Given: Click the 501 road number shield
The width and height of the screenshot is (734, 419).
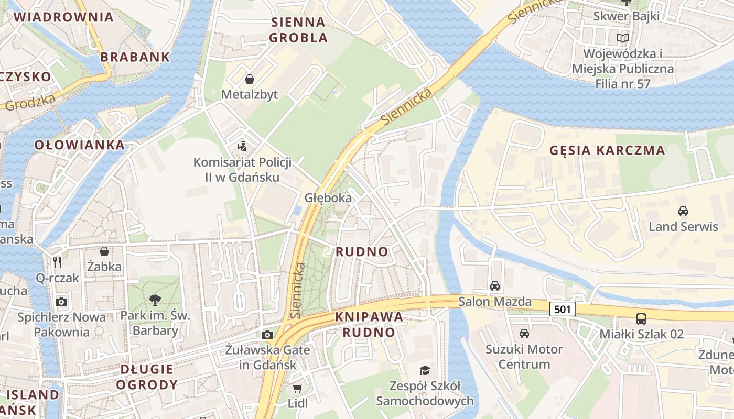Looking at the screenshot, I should pyautogui.click(x=562, y=309).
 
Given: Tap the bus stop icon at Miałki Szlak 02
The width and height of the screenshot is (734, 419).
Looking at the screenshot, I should pyautogui.click(x=641, y=318).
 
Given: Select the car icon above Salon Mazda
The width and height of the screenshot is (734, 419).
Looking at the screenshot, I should pyautogui.click(x=494, y=286).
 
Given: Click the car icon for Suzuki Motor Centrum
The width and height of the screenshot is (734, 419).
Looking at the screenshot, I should pyautogui.click(x=524, y=334).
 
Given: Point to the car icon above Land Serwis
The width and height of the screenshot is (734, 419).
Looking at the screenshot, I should pyautogui.click(x=683, y=211).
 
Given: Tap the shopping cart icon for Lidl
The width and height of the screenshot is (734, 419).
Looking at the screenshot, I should pyautogui.click(x=297, y=388).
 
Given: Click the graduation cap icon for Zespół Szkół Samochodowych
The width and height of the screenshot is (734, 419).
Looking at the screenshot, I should pyautogui.click(x=425, y=370).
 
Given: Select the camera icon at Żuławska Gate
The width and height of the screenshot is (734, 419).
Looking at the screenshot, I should pyautogui.click(x=267, y=335).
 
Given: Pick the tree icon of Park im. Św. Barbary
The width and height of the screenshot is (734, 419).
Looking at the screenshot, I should pyautogui.click(x=155, y=300).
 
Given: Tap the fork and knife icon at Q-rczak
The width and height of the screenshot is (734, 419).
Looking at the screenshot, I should pyautogui.click(x=57, y=262).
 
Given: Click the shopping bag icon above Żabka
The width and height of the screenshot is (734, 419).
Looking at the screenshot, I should pyautogui.click(x=104, y=251).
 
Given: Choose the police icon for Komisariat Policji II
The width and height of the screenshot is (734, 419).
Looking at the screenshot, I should pyautogui.click(x=242, y=146).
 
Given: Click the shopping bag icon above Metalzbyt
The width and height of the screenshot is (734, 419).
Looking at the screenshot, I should pyautogui.click(x=250, y=79).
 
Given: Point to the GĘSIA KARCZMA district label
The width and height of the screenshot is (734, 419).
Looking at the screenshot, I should pyautogui.click(x=607, y=150).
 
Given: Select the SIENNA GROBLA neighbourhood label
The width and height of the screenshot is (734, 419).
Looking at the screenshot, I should pyautogui.click(x=298, y=30).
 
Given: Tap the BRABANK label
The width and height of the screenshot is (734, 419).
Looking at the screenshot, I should pyautogui.click(x=135, y=57).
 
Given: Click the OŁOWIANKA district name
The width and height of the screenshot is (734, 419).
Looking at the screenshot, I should pyautogui.click(x=80, y=145).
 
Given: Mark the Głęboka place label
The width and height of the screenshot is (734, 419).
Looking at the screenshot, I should pyautogui.click(x=328, y=198).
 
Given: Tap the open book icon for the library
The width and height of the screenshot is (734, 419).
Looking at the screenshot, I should pyautogui.click(x=622, y=38).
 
